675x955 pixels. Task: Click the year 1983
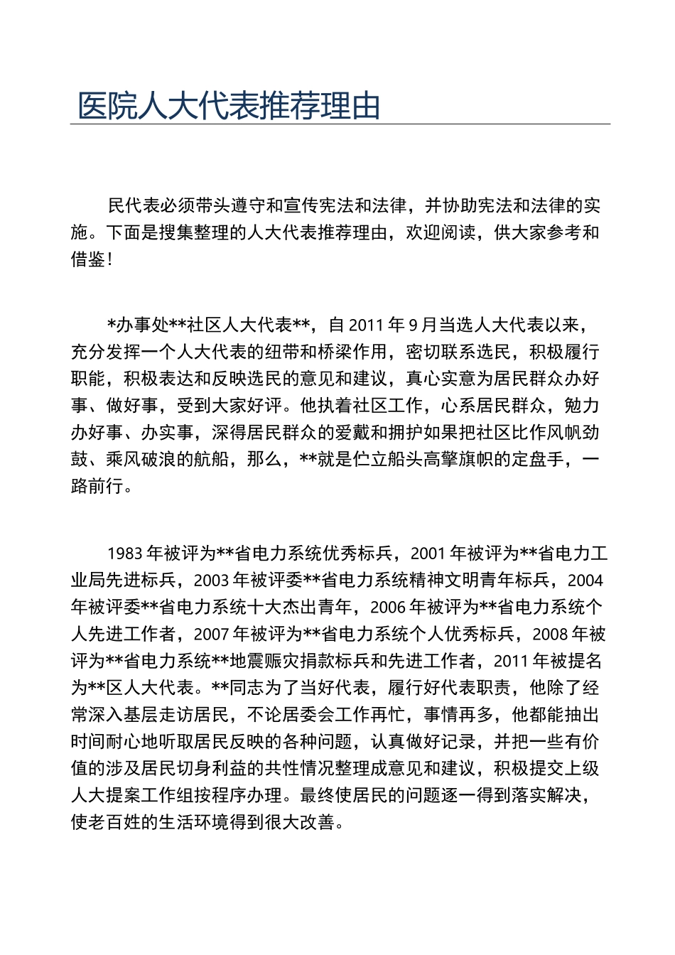[126, 554]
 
